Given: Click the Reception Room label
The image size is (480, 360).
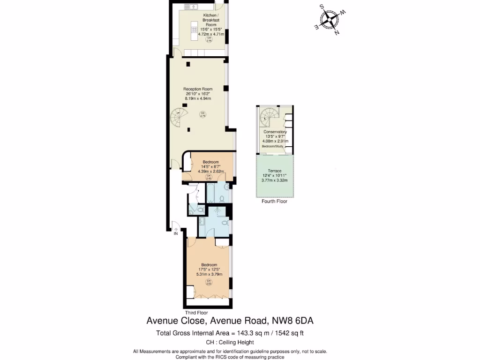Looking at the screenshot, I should (x=198, y=89).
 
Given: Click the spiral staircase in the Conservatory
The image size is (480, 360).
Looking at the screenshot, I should (x=270, y=116).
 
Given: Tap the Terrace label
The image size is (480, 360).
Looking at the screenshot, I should (x=275, y=171).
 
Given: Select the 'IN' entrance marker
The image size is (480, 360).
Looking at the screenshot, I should (x=176, y=233).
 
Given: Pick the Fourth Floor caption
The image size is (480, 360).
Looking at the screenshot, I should (x=274, y=202).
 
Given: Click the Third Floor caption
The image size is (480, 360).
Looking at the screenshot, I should (x=196, y=313).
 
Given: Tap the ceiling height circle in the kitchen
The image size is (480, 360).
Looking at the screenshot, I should (x=210, y=40).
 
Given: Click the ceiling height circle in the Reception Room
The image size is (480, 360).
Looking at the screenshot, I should (x=202, y=114).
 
